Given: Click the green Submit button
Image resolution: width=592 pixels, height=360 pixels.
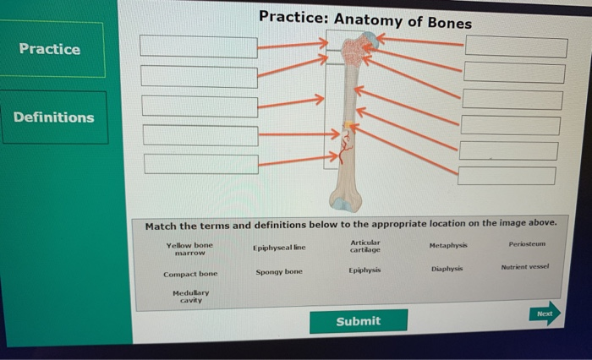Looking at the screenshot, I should click(358, 321).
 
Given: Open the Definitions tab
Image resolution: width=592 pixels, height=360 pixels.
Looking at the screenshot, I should click(53, 117).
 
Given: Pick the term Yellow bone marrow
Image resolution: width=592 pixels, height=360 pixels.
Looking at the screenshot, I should click(190, 248).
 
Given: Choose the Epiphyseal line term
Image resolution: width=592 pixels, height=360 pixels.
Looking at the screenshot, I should click(279, 248).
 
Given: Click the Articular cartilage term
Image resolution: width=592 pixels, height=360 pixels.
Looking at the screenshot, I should click(365, 246).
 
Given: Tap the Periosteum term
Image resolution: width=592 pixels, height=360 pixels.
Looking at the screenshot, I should click(528, 244).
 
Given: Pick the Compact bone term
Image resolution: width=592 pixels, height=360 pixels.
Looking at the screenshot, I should click(190, 274).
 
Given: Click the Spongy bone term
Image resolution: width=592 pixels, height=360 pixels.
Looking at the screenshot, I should click(279, 272).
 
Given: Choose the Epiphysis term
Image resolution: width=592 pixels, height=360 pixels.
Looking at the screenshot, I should click(365, 270).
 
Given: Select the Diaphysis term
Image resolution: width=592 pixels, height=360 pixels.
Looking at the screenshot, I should click(447, 269).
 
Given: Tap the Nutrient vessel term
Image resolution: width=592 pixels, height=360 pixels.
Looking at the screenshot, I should click(524, 265).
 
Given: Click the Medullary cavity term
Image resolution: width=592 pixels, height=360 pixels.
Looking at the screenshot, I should click(190, 296).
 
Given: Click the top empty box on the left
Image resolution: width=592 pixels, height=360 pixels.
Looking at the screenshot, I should click(199, 46).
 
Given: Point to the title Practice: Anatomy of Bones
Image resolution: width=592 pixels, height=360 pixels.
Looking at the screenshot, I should click(365, 19).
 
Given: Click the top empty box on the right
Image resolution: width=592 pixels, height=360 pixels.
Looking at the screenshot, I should click(516, 46).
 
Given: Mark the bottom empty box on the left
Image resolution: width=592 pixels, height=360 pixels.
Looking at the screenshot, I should click(200, 164).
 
